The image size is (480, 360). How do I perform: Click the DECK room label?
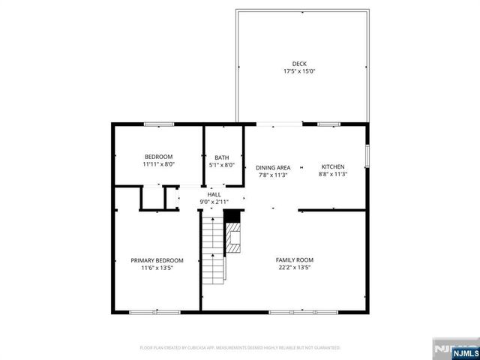pyautogui.click(x=299, y=63)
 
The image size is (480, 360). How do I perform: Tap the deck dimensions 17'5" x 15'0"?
pyautogui.click(x=299, y=71)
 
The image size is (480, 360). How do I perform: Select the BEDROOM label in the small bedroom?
pyautogui.click(x=158, y=156)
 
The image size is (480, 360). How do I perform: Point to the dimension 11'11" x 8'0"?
pyautogui.click(x=158, y=164)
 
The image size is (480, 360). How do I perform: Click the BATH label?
pyautogui.click(x=222, y=157)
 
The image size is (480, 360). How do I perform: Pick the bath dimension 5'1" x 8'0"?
pyautogui.click(x=222, y=165)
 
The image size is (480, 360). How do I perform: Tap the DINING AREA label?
pyautogui.click(x=273, y=167)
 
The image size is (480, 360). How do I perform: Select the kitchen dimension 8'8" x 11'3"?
pyautogui.click(x=332, y=174)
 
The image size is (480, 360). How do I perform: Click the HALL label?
pyautogui.click(x=214, y=193)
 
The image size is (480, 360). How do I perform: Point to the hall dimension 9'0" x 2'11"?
pyautogui.click(x=214, y=202)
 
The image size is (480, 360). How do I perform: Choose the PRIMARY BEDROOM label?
pyautogui.click(x=157, y=260)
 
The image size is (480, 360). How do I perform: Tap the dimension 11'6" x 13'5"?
pyautogui.click(x=157, y=268)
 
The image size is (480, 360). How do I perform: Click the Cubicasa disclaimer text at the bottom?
pyautogui.click(x=240, y=348)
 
